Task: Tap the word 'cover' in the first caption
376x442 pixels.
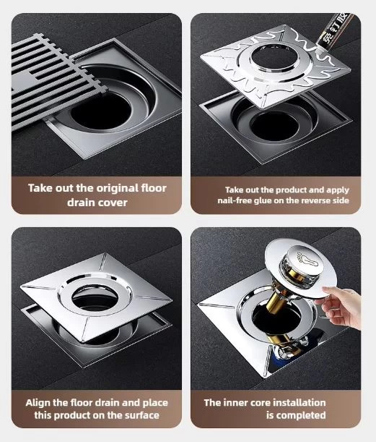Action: (x=113, y=203)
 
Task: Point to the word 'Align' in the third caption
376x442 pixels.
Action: (x=38, y=403)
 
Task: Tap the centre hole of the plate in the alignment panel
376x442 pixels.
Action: (x=95, y=298)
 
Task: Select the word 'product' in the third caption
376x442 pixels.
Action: (x=82, y=415)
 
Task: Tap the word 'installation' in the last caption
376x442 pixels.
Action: (x=300, y=402)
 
